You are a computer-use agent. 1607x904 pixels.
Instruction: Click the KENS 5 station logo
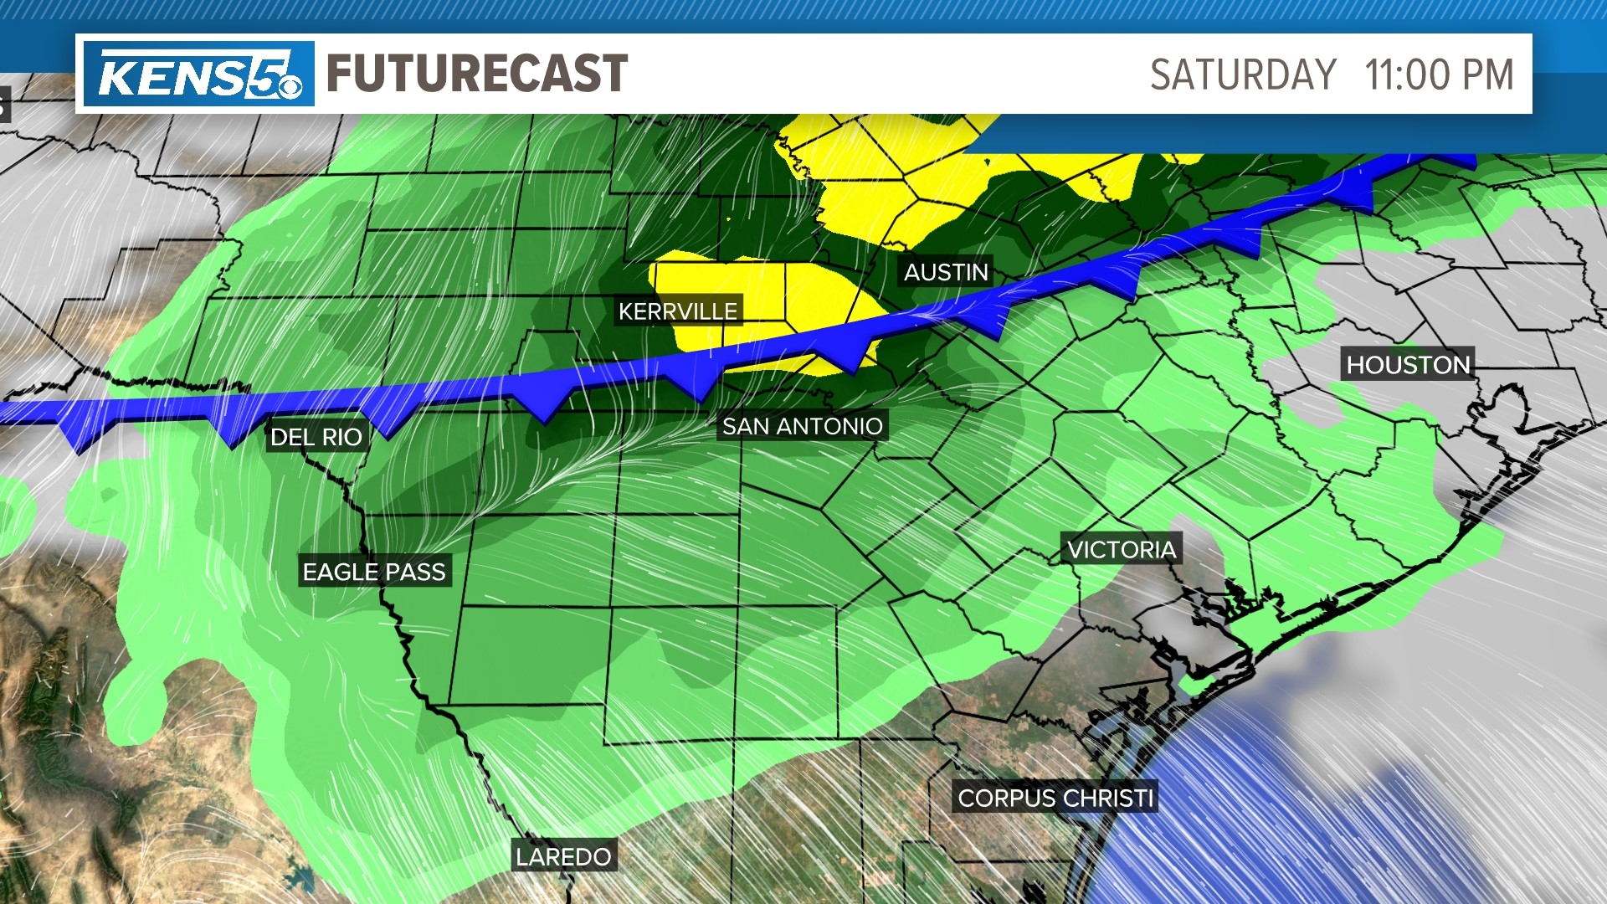click(198, 74)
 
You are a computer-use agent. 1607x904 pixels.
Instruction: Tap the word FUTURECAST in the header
click(477, 74)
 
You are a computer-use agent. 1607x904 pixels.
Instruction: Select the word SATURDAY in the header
click(1243, 75)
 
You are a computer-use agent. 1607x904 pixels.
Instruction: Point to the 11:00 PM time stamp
click(1439, 75)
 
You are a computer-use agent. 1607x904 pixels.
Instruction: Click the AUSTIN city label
click(946, 272)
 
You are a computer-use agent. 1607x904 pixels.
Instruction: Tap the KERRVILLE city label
click(678, 311)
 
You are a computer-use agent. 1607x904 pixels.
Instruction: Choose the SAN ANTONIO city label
click(802, 426)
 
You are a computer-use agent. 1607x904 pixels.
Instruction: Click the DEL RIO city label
click(316, 437)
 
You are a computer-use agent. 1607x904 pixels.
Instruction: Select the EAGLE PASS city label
click(374, 572)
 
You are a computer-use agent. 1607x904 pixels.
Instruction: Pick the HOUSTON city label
click(1408, 365)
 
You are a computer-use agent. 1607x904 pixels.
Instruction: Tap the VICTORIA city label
click(1122, 549)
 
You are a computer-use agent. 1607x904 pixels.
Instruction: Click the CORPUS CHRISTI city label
click(1055, 798)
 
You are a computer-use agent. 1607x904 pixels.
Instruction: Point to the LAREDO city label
click(563, 856)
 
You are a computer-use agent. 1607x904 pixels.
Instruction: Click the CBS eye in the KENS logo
click(290, 86)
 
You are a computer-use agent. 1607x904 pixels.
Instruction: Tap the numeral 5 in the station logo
click(268, 74)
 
